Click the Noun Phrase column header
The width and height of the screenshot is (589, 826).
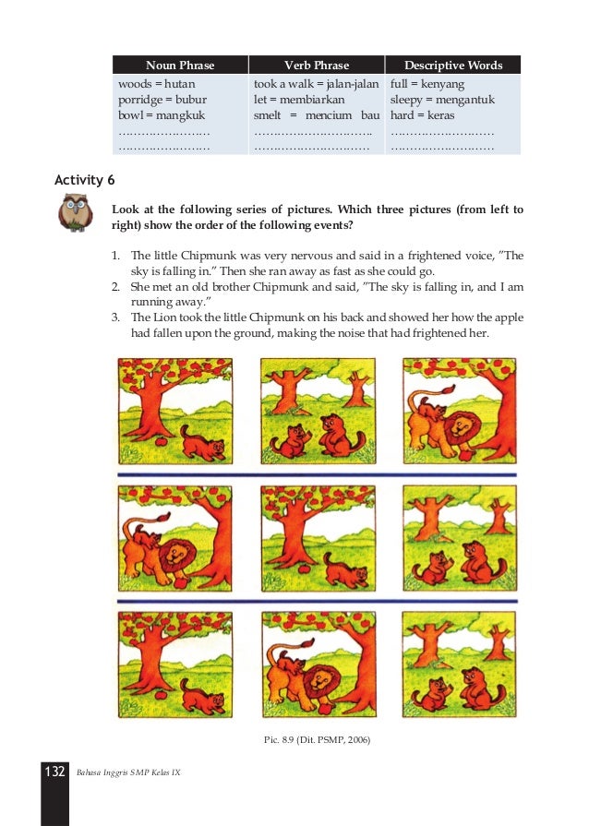click(180, 66)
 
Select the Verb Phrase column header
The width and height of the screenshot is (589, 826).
click(317, 66)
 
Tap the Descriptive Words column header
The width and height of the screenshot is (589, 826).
click(453, 66)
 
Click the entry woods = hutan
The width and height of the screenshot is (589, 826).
click(156, 84)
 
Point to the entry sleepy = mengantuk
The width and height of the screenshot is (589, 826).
click(442, 100)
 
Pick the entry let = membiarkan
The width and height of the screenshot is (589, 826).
click(299, 100)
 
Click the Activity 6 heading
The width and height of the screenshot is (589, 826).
click(84, 180)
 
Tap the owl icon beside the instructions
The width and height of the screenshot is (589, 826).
click(76, 211)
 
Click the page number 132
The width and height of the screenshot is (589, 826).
click(54, 772)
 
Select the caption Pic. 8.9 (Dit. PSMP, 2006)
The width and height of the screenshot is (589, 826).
click(317, 739)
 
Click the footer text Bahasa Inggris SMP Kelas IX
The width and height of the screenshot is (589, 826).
click(128, 772)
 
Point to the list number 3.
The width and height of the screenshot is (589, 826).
click(115, 317)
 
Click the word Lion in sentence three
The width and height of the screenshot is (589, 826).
click(165, 317)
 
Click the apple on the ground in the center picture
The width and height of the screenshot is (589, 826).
click(305, 569)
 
